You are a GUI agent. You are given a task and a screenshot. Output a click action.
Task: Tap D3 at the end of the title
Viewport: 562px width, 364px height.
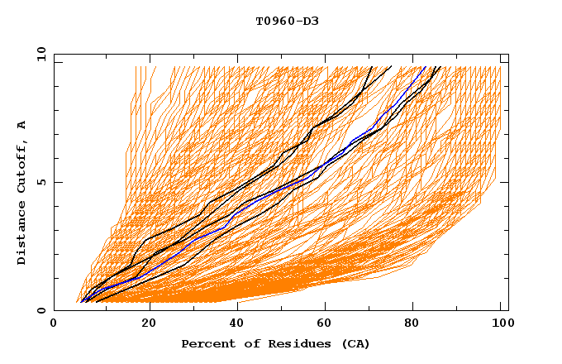pos(310,22)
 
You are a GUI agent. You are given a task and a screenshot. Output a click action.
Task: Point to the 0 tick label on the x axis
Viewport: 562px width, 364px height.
pos(54,324)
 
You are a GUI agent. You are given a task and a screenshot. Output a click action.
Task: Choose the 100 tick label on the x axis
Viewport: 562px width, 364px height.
pos(500,324)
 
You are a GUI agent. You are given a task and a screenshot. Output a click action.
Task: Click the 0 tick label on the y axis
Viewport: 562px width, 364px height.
pos(41,310)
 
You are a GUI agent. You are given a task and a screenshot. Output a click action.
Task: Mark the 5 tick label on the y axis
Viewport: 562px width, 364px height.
pos(41,182)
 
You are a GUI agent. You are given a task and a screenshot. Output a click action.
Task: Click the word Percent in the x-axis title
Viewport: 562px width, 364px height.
pos(206,343)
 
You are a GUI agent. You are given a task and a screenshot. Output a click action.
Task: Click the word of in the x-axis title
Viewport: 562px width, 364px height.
pos(247,343)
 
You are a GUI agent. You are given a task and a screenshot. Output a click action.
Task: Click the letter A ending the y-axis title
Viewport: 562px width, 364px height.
pos(22,125)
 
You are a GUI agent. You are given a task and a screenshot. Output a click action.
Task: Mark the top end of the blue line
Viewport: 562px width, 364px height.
pos(425,67)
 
